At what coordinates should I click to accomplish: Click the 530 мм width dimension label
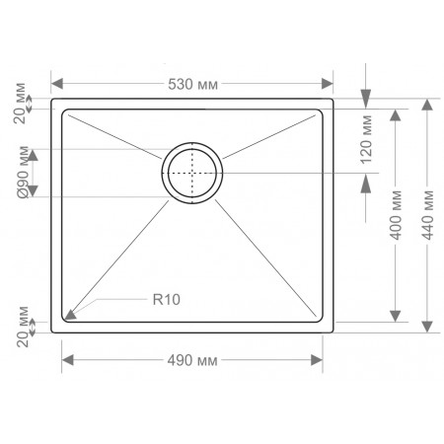coord(192,85)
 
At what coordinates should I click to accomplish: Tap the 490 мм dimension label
coord(192,361)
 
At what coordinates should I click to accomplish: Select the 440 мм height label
coord(428,215)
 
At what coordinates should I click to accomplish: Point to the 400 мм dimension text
coord(396,215)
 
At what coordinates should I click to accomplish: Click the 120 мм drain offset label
coord(366,139)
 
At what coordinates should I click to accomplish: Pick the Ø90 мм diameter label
coord(24,173)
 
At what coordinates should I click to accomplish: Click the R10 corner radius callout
coord(167,300)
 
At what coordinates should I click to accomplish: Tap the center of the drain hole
coord(192,173)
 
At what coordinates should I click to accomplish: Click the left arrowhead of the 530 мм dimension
coord(57,84)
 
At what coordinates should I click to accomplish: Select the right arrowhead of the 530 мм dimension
coord(328,84)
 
